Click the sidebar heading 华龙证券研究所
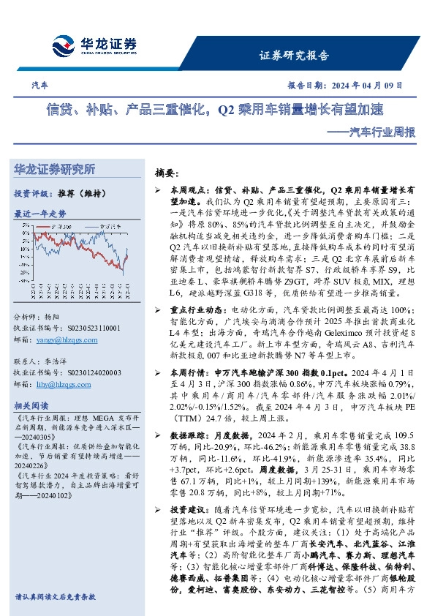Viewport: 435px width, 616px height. [x=54, y=170]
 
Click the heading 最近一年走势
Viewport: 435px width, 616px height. [x=40, y=214]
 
